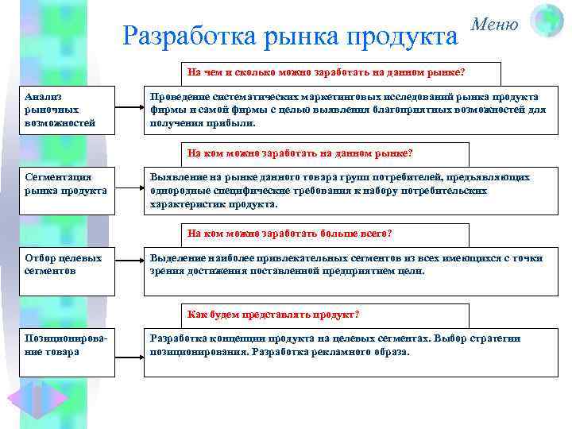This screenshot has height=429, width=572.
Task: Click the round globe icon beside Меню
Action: (x=547, y=20)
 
